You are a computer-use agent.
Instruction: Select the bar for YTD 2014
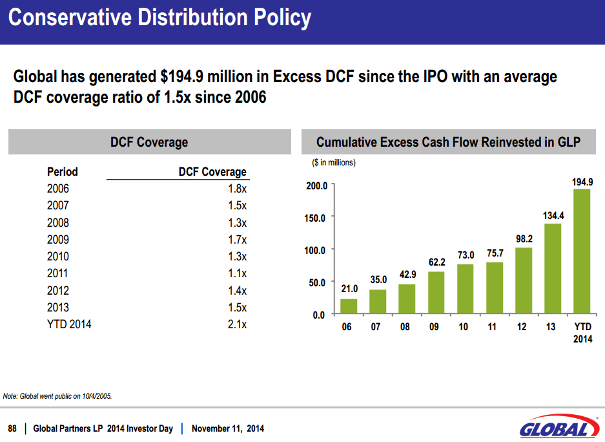coord(582,251)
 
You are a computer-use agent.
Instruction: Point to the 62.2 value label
coord(437,262)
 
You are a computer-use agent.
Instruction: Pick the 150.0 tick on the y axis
coord(316,218)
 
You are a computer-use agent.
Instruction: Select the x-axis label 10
coord(463,327)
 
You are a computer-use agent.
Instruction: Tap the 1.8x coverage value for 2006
coord(237,189)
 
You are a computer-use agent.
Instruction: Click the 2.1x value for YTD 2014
coord(237,324)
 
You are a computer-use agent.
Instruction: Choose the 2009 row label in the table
coord(58,240)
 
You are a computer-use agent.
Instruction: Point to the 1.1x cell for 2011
coord(237,273)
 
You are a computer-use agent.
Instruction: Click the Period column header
coord(63,172)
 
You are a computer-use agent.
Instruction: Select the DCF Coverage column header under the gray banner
coord(212,172)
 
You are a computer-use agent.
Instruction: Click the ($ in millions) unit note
coord(333,162)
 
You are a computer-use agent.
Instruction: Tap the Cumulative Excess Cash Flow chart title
coord(448,142)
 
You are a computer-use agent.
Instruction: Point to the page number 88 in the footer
coord(12,428)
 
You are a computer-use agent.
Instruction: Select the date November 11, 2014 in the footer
coord(228,428)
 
